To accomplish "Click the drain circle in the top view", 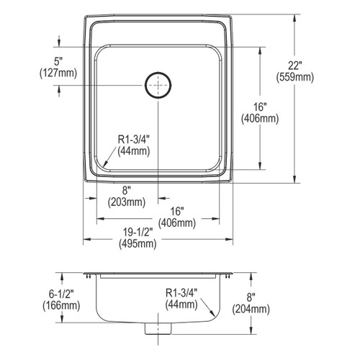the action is tap(158, 72).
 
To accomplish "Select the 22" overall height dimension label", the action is tap(294, 66).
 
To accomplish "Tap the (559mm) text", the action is tap(294, 77).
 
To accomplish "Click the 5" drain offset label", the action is tap(58, 61).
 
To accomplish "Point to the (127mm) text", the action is tap(58, 73).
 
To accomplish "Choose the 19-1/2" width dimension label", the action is tap(138, 233).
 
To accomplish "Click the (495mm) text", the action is tap(138, 244).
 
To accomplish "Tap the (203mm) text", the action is tap(127, 202).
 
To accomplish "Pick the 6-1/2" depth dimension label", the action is tap(61, 294).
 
